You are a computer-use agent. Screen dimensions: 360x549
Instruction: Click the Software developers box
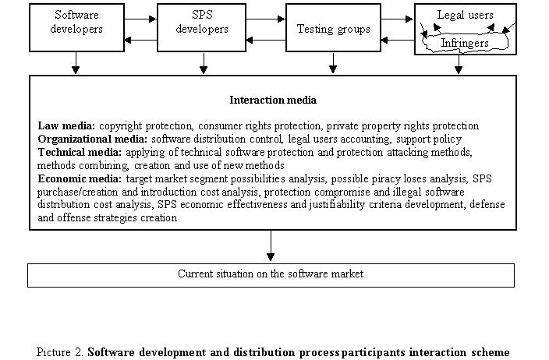coord(75,29)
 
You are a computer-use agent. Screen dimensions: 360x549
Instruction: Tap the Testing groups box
coord(333,29)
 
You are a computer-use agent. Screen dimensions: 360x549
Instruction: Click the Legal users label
coord(460,14)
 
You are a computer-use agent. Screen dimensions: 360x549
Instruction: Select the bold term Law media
coord(66,125)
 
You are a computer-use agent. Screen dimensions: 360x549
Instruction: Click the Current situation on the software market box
coord(271,274)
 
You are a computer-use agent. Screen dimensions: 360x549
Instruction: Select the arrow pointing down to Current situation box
coord(271,247)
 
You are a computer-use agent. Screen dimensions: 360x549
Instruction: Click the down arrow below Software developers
coord(75,65)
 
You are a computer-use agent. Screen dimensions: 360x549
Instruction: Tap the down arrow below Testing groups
coord(333,65)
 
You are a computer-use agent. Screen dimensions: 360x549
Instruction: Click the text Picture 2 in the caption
coord(61,351)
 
